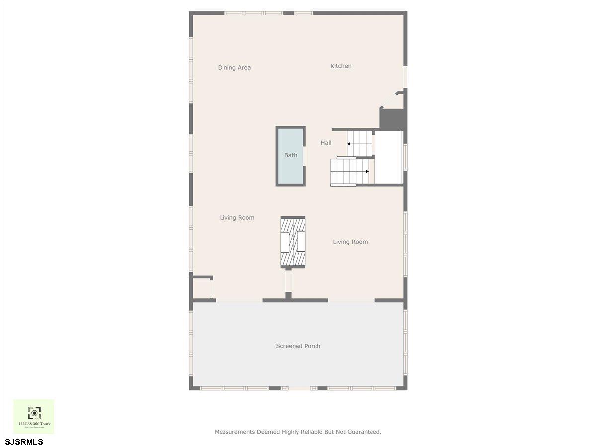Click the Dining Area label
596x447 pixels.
pyautogui.click(x=234, y=68)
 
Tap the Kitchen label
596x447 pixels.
pyautogui.click(x=341, y=66)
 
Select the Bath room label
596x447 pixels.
pyautogui.click(x=291, y=155)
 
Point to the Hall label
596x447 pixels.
pyautogui.click(x=326, y=143)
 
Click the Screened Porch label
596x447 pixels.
pyautogui.click(x=298, y=346)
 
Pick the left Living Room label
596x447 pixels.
pyautogui.click(x=237, y=218)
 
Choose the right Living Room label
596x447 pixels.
pyautogui.click(x=350, y=242)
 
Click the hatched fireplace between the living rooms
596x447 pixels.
pyautogui.click(x=293, y=242)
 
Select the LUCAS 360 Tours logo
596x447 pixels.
pyautogui.click(x=34, y=416)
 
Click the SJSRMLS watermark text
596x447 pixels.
pyautogui.click(x=24, y=442)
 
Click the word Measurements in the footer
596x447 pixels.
pyautogui.click(x=234, y=432)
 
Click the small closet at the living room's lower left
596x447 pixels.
pyautogui.click(x=202, y=288)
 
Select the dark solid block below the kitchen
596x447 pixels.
pyautogui.click(x=392, y=119)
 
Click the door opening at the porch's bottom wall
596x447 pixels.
pyautogui.click(x=299, y=388)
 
